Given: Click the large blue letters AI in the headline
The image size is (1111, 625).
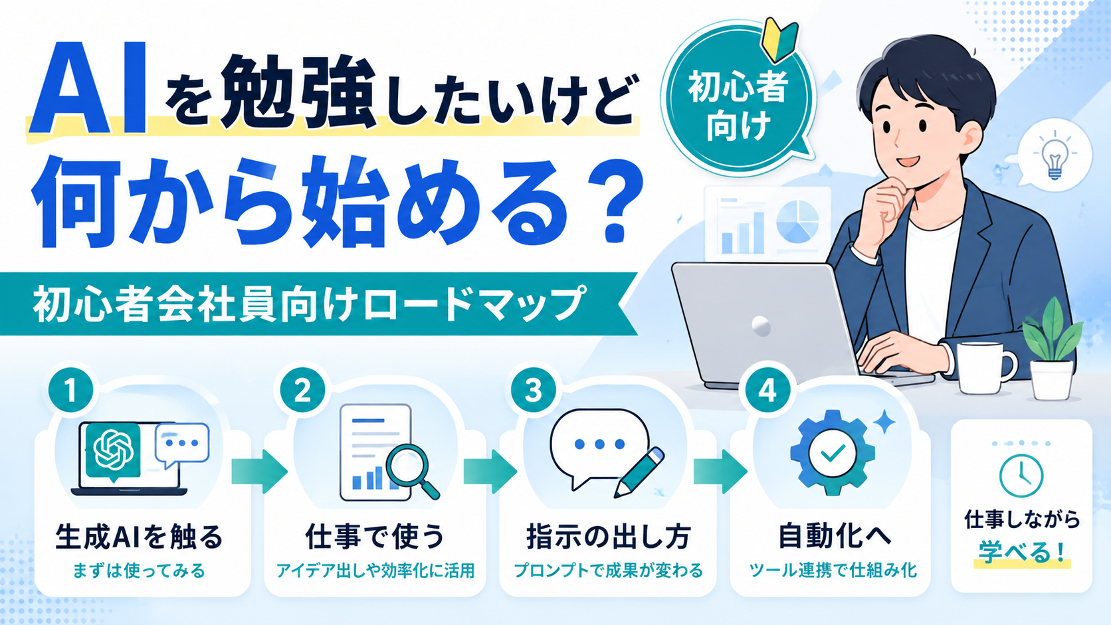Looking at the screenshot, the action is pyautogui.click(x=88, y=88).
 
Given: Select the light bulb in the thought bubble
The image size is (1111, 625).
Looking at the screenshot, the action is pyautogui.click(x=1055, y=158).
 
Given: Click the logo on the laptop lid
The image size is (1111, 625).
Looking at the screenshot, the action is pyautogui.click(x=761, y=325).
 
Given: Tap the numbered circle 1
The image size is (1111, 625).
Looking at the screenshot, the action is pyautogui.click(x=71, y=390).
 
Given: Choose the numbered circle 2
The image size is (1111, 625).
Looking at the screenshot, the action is pyautogui.click(x=302, y=390).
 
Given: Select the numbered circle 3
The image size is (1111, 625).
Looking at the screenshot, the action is pyautogui.click(x=534, y=390).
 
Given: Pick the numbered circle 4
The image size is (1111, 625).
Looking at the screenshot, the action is pyautogui.click(x=767, y=390).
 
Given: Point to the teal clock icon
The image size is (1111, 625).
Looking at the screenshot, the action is pyautogui.click(x=1021, y=476).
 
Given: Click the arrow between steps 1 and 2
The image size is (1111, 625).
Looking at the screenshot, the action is pyautogui.click(x=259, y=472).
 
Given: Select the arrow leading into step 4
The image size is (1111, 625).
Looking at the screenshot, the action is pyautogui.click(x=720, y=472).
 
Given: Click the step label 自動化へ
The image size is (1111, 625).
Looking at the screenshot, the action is pyautogui.click(x=835, y=536).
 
